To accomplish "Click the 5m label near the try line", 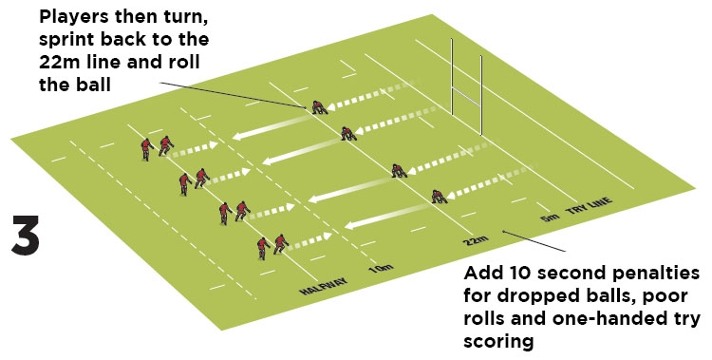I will [550, 218].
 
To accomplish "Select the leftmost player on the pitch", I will [146, 147].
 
